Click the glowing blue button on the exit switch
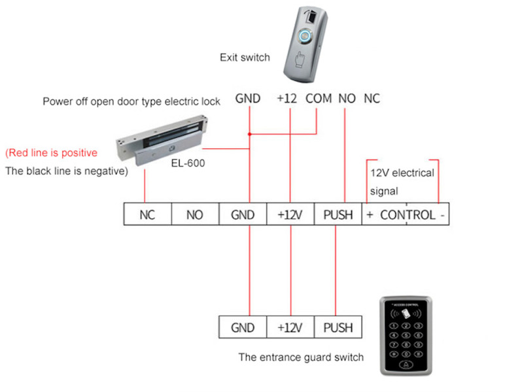tap(305, 36)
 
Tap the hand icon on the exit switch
tap(300, 59)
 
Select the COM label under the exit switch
tap(319, 99)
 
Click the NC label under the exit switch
tap(372, 99)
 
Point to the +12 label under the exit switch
tap(287, 99)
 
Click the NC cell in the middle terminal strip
tap(147, 214)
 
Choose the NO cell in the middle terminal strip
tap(195, 214)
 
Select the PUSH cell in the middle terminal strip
tap(338, 214)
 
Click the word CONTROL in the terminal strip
tap(408, 215)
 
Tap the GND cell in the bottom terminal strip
tap(243, 327)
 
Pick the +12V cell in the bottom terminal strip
tap(290, 327)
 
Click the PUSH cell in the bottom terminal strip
tap(338, 327)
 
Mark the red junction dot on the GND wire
tap(250, 134)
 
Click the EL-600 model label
tap(188, 163)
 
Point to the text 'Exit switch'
tap(245, 57)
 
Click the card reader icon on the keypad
tap(406, 313)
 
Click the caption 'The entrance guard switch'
tap(301, 357)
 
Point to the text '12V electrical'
tap(402, 173)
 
